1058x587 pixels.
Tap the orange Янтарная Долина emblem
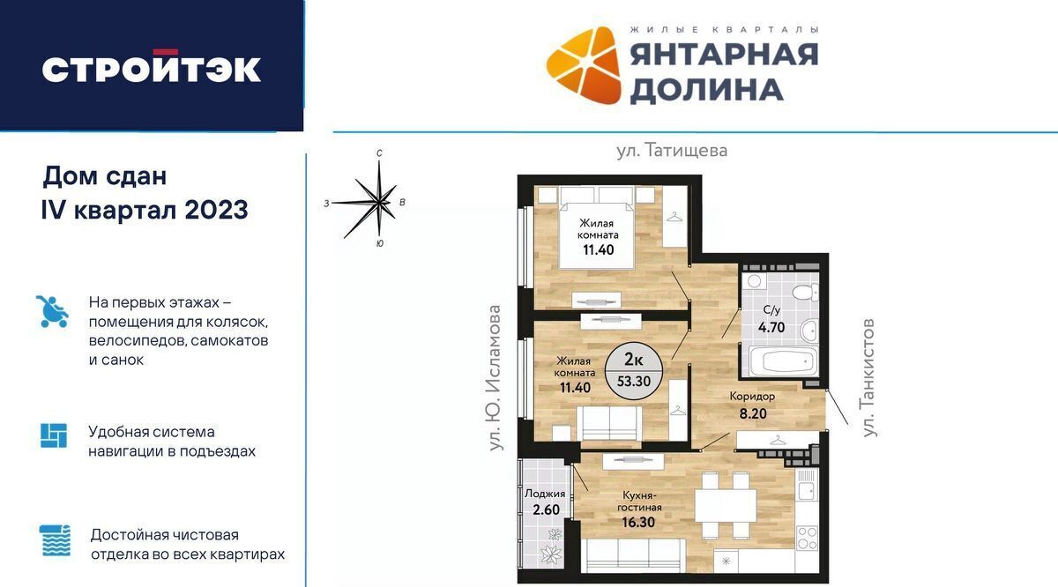pyautogui.click(x=584, y=65)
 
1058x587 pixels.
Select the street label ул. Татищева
pyautogui.click(x=672, y=151)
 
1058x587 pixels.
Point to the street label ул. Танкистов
pyautogui.click(x=868, y=378)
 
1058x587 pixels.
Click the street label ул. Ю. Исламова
pyautogui.click(x=494, y=377)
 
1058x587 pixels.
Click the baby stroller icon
pyautogui.click(x=52, y=311)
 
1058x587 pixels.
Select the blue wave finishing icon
pyautogui.click(x=55, y=540)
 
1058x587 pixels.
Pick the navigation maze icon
pyautogui.click(x=54, y=435)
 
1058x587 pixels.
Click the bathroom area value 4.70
pyautogui.click(x=771, y=327)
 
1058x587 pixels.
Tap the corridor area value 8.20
pyautogui.click(x=753, y=413)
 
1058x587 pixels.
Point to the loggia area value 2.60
pyautogui.click(x=546, y=509)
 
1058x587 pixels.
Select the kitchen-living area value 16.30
pyautogui.click(x=638, y=523)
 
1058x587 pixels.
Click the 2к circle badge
pyautogui.click(x=634, y=371)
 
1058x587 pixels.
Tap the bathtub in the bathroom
pyautogui.click(x=784, y=361)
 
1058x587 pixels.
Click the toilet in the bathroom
pyautogui.click(x=805, y=293)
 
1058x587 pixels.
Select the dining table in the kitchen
pyautogui.click(x=726, y=505)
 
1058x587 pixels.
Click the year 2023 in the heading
pyautogui.click(x=216, y=210)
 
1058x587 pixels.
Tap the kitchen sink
pyautogui.click(x=807, y=484)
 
